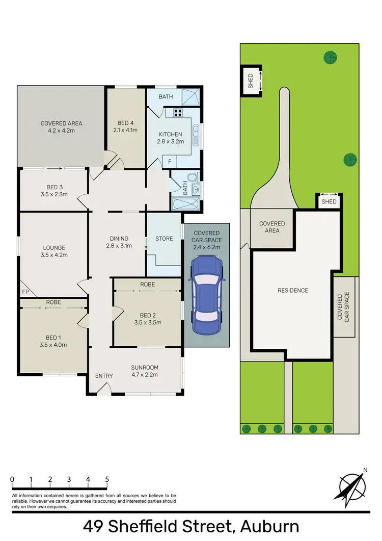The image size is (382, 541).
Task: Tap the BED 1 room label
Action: (53, 337)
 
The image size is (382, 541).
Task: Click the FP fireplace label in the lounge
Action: (25, 292)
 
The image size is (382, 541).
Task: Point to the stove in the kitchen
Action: (180, 114)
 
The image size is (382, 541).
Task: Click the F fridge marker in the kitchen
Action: (170, 162)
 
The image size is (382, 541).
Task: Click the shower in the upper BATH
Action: (190, 97)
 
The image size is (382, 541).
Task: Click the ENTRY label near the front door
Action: (104, 376)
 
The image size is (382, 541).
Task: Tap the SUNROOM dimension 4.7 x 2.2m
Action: (145, 374)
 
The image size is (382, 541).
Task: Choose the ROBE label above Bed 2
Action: (148, 284)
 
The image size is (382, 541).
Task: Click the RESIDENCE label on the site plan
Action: (292, 291)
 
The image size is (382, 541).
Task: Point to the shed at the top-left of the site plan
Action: (251, 80)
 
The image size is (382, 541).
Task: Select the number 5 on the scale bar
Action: (107, 480)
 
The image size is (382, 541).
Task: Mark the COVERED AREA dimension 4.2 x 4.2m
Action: (61, 131)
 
